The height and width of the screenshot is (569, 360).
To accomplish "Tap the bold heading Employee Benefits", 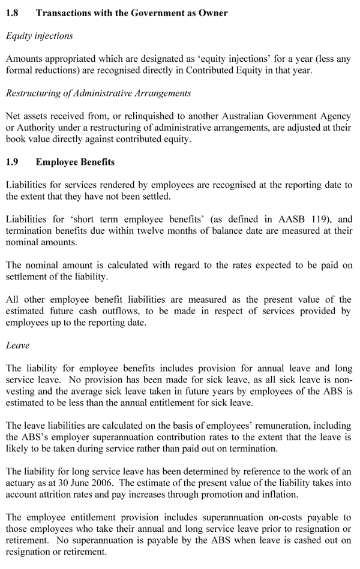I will [x=75, y=162].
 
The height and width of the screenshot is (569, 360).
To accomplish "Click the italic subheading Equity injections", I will [x=39, y=36].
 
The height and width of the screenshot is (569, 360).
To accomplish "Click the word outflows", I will [x=113, y=312].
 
